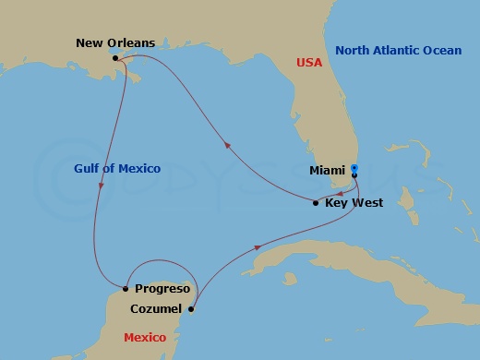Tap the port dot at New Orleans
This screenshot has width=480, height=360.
coord(114,59)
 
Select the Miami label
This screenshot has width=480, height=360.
coord(329,171)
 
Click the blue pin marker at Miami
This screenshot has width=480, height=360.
coord(354,169)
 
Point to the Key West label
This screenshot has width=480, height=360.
coord(354,202)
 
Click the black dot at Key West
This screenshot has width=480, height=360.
coord(317,202)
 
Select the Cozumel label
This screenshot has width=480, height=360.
coord(159,309)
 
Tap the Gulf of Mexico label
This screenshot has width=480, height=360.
coord(115,168)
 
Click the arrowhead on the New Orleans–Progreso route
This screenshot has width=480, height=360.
coord(100,189)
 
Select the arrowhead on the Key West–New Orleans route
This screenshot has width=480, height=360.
coord(229,143)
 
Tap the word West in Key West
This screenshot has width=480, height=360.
coord(367,202)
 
